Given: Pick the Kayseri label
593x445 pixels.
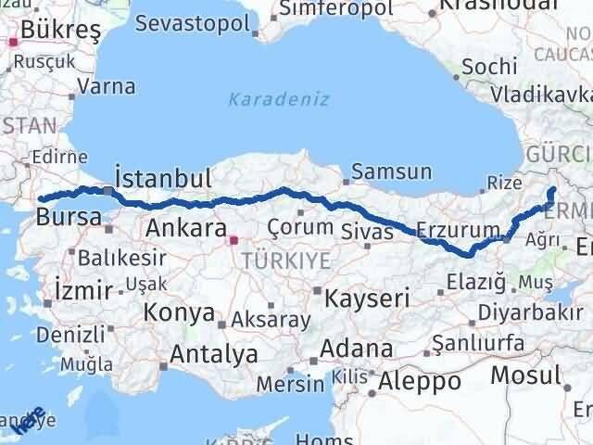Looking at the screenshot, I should click(x=366, y=299).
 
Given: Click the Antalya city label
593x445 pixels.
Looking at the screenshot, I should click(x=213, y=353).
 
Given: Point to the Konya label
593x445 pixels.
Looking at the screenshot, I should click(x=182, y=313).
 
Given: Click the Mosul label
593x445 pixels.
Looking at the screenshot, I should click(x=526, y=375).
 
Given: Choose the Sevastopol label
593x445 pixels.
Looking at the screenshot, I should click(x=195, y=23).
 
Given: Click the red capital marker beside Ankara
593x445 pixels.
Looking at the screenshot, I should click(x=233, y=241).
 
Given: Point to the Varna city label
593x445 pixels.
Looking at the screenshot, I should click(x=107, y=86).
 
